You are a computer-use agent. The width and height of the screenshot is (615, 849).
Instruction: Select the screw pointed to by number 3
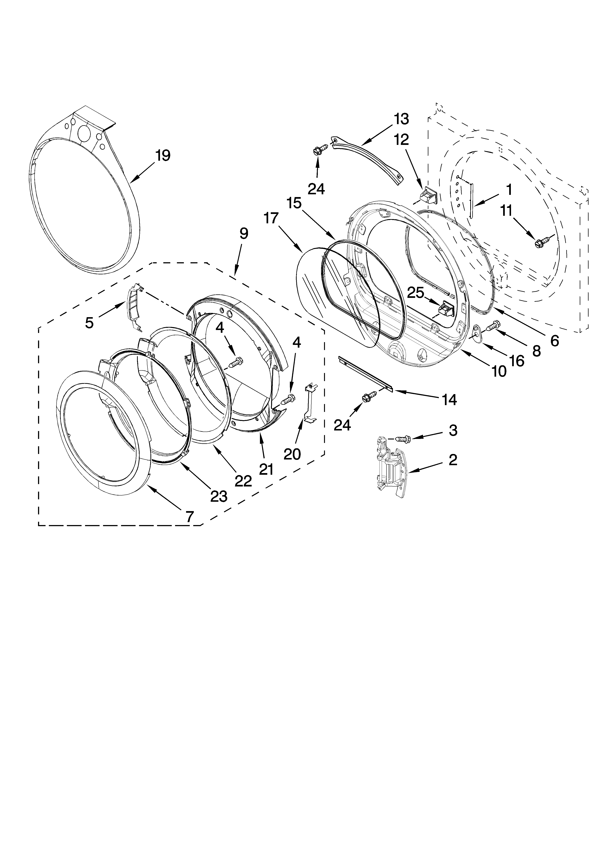pos(403,438)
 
